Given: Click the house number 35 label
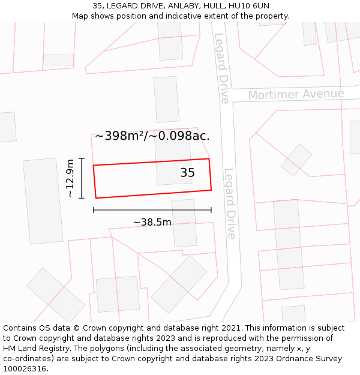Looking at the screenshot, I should (187, 173).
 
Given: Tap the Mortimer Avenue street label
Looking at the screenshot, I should (296, 95).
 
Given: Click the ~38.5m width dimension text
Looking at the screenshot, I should (152, 223).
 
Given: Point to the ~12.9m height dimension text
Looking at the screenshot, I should (70, 178).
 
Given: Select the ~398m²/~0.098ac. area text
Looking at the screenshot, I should (152, 136).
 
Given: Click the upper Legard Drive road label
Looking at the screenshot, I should (221, 68).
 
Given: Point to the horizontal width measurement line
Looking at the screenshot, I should (152, 210).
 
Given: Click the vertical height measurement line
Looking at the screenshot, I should (82, 178).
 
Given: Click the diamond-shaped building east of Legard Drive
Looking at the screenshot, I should (296, 160).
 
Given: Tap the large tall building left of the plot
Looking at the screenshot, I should (43, 201).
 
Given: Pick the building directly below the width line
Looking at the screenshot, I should (184, 223).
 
